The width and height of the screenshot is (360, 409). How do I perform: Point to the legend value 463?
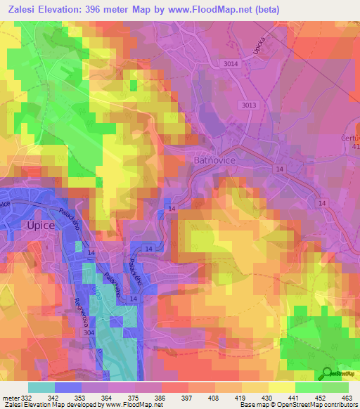coord(347,398)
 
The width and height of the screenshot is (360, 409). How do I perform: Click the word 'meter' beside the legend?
coord(11,398)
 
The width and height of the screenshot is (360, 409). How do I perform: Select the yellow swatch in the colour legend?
coord(281,387)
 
